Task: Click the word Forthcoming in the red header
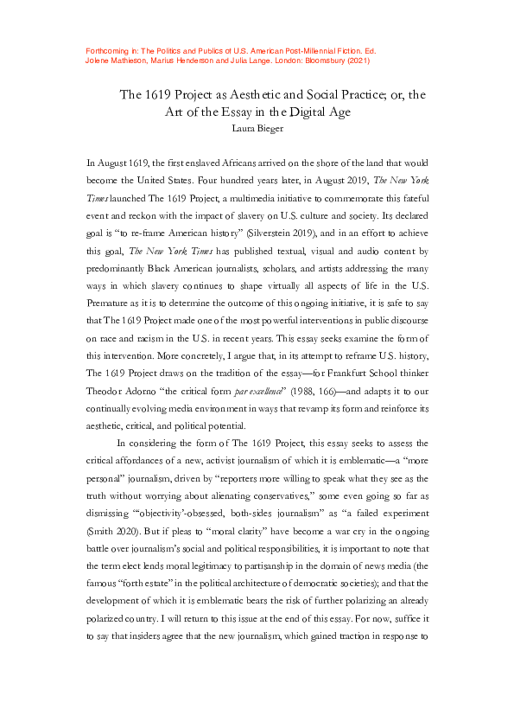(x=110, y=52)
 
